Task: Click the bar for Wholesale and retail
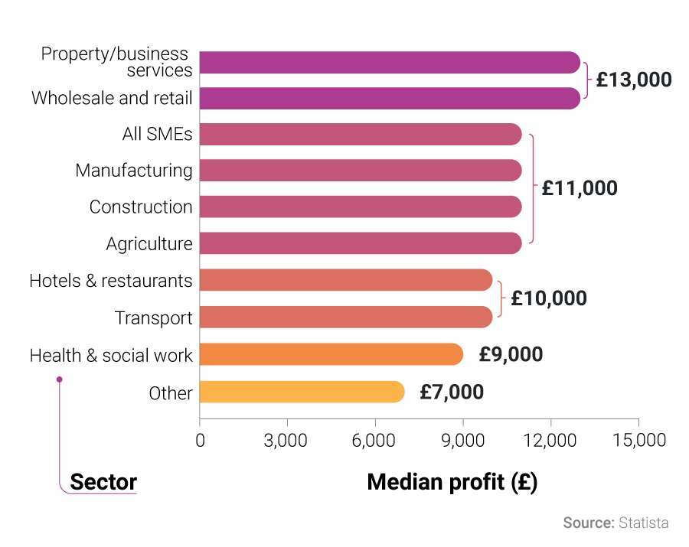click(x=390, y=98)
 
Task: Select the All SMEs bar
click(x=361, y=135)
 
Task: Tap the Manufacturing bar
click(x=361, y=171)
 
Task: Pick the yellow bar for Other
click(x=302, y=392)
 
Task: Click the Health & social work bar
click(x=331, y=355)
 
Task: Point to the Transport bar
click(x=346, y=317)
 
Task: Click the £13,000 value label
click(x=633, y=80)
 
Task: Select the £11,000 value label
click(x=579, y=188)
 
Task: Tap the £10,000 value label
click(x=549, y=298)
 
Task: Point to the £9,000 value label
click(x=511, y=355)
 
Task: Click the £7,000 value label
click(x=452, y=392)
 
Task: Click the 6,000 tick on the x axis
click(x=375, y=441)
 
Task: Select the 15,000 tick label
click(x=638, y=441)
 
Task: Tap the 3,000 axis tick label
click(x=287, y=441)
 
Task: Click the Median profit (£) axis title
click(x=452, y=482)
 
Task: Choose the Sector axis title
click(x=103, y=482)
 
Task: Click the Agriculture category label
click(x=149, y=244)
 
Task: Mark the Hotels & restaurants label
click(x=111, y=281)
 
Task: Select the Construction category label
click(x=141, y=207)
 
